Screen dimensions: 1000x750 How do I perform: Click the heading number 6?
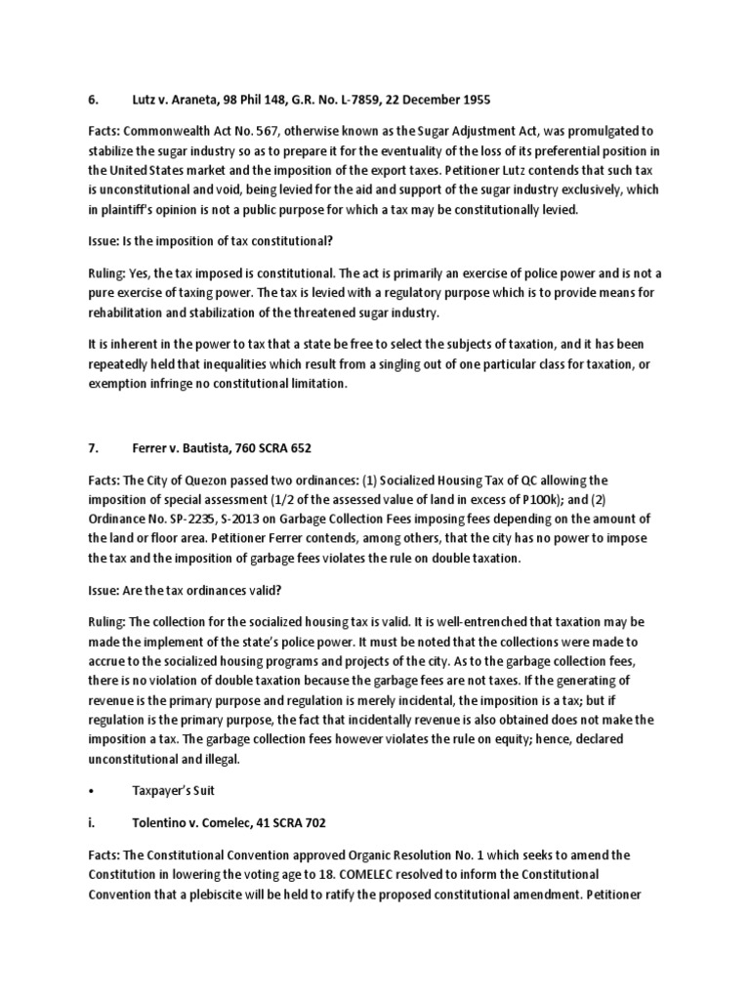click(x=94, y=100)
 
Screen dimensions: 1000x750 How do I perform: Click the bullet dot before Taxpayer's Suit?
click(x=91, y=788)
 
